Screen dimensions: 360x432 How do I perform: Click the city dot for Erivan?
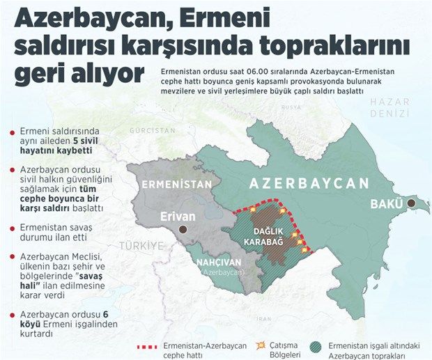point(183,228)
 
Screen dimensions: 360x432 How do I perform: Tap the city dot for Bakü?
point(411,203)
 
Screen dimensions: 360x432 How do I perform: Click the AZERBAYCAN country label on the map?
point(309,184)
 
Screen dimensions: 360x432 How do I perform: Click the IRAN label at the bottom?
point(263,318)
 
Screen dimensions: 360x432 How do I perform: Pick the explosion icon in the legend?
point(261,345)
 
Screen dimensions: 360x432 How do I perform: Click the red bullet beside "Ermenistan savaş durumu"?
point(12,228)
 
